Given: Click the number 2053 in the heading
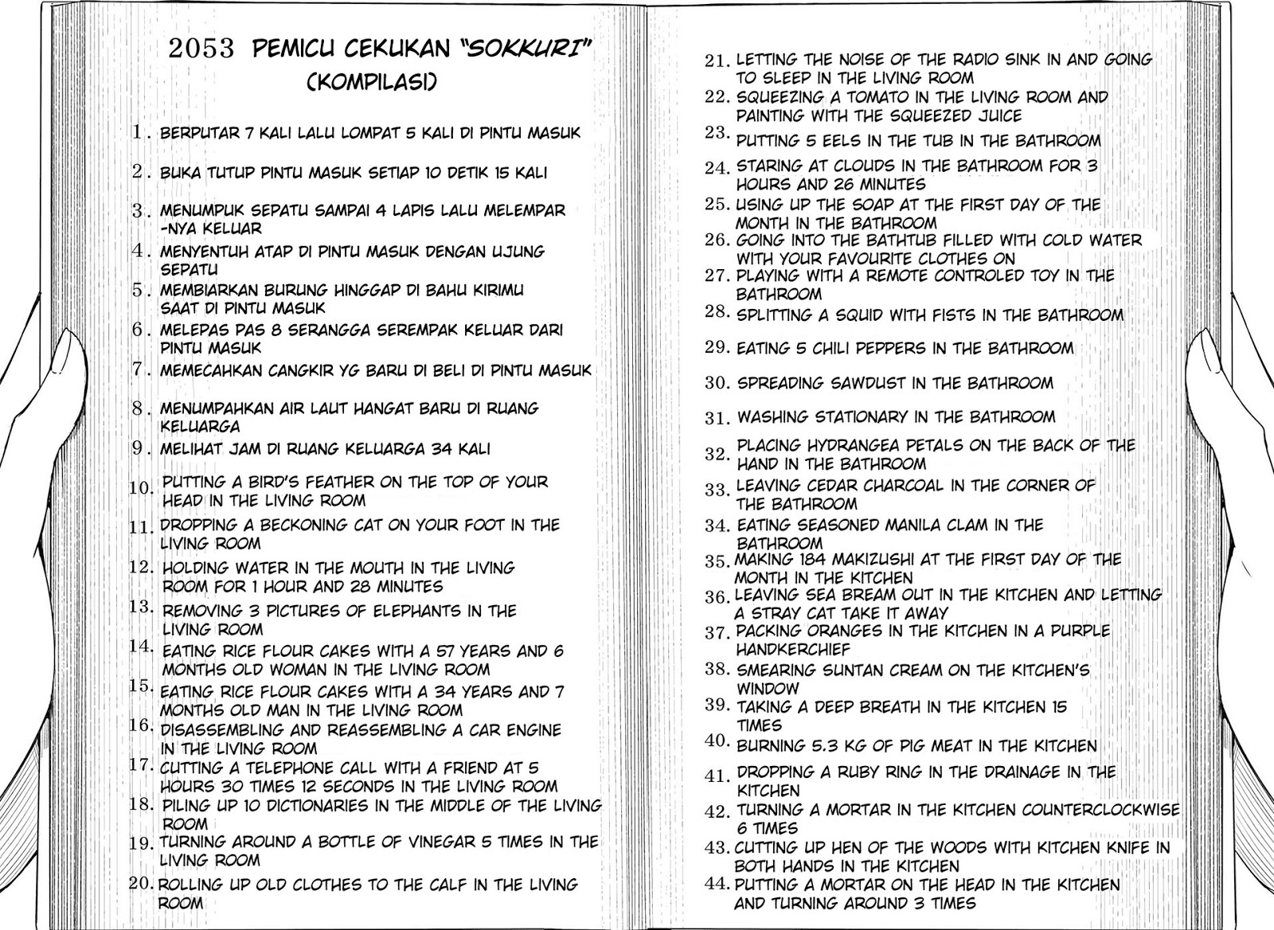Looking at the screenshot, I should click(201, 49).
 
